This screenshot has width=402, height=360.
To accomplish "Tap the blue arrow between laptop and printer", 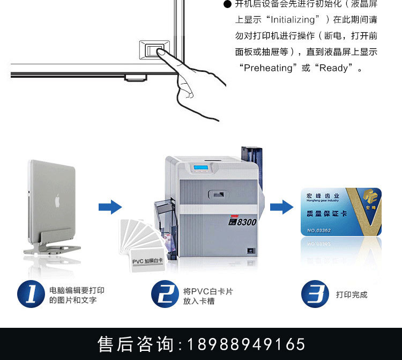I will [110, 207].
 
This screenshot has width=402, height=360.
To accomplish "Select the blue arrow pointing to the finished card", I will [280, 207].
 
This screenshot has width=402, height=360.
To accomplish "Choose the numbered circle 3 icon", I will [315, 294].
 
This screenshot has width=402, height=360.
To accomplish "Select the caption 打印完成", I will [352, 295].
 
